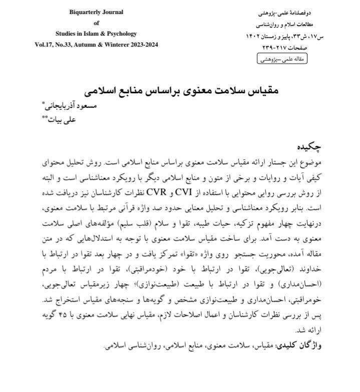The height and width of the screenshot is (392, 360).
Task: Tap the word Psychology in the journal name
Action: point(120,33)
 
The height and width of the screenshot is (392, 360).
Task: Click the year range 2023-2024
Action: point(141,44)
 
